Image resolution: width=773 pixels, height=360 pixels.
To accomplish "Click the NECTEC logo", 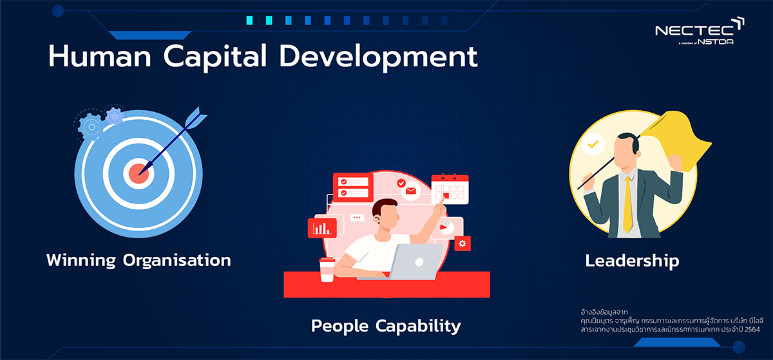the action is click(700, 31).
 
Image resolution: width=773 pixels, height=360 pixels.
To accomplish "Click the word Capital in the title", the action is click(215, 57).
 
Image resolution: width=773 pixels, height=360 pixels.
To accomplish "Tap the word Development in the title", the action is click(378, 57).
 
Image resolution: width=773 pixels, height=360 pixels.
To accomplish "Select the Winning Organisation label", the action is click(138, 261).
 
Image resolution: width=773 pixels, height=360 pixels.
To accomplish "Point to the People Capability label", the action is click(386, 326).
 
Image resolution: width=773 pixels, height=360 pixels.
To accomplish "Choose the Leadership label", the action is click(632, 261).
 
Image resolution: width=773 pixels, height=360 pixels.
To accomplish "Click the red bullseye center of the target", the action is click(138, 174).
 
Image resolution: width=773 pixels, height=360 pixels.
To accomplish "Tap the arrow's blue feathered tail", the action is click(196, 117).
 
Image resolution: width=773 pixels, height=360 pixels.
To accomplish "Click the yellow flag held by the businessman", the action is click(676, 140).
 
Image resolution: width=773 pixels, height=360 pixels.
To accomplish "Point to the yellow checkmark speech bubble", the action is click(593, 145).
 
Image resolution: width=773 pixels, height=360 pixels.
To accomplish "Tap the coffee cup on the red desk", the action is click(327, 270).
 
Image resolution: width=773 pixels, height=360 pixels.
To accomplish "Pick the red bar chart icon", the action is click(322, 228).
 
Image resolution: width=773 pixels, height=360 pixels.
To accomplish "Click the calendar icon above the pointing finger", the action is click(450, 189).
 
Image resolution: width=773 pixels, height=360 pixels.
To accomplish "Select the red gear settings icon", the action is click(463, 243).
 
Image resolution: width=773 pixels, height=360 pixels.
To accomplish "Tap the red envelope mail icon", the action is click(411, 191).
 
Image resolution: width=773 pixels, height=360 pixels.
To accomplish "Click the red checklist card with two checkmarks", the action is click(353, 187).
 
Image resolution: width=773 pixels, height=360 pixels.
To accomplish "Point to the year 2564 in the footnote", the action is click(752, 330).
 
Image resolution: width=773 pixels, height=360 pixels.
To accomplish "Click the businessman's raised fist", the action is click(674, 162).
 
